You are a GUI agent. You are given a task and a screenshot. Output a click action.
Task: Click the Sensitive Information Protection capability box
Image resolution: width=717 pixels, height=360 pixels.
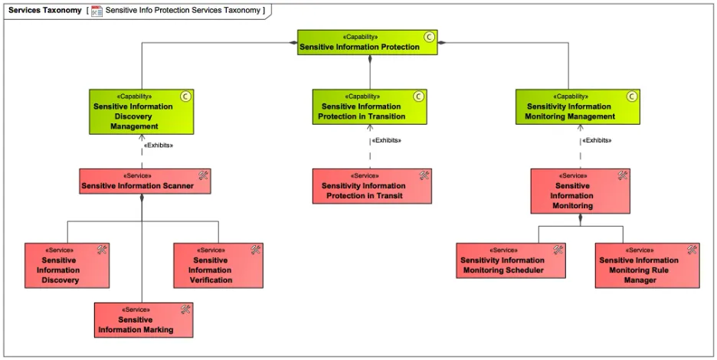[368, 43]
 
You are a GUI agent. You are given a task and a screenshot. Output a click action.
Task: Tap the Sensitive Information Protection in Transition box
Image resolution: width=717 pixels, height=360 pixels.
[369, 107]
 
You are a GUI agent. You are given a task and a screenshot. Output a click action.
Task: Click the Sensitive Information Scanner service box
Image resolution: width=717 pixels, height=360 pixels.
[144, 181]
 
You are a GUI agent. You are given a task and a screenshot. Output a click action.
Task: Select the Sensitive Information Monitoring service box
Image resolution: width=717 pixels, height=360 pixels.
[580, 191]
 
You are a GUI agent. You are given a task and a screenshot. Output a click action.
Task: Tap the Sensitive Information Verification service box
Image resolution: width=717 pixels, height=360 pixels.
[218, 266]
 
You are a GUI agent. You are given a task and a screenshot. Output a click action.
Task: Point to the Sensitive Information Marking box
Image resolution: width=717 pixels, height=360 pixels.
[143, 320]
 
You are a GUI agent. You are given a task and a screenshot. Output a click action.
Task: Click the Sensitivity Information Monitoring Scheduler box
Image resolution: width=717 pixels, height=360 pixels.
[511, 260]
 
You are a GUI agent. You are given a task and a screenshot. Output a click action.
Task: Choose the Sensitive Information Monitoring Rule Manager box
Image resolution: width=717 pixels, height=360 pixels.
[647, 266]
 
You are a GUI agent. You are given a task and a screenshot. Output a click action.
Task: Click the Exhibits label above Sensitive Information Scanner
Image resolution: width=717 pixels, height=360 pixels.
[159, 145]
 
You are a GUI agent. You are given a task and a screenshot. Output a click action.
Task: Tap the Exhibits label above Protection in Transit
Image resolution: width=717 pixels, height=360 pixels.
[386, 140]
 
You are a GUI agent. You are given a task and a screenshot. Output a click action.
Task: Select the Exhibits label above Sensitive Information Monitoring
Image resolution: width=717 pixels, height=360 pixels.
[597, 140]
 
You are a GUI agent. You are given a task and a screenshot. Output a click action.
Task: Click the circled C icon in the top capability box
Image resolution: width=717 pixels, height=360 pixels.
[430, 37]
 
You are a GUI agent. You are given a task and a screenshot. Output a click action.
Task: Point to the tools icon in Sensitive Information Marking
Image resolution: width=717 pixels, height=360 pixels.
[185, 309]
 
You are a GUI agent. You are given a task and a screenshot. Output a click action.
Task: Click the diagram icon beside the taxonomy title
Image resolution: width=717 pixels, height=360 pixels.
[97, 11]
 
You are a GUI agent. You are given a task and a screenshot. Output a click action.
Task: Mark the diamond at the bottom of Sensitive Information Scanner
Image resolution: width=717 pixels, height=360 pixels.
[142, 198]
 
